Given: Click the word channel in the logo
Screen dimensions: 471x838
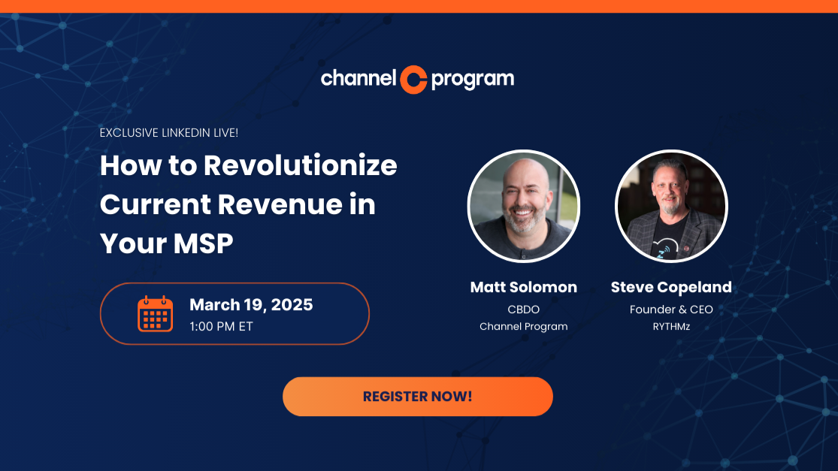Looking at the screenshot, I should [x=358, y=78].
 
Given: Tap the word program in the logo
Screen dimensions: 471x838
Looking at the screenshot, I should [x=473, y=80].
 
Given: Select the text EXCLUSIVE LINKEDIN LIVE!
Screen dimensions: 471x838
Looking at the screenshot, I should [x=169, y=133].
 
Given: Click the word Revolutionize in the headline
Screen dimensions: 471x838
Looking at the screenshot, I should [x=301, y=165].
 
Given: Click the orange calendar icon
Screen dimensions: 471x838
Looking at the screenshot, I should [x=155, y=313].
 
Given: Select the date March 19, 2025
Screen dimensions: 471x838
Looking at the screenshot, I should [x=251, y=304].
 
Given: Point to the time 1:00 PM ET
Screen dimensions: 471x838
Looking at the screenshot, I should [x=222, y=326].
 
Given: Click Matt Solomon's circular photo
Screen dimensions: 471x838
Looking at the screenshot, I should [x=524, y=206].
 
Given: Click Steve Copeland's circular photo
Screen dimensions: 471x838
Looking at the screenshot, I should [x=671, y=206].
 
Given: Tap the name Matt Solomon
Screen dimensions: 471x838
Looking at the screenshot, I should [x=524, y=287].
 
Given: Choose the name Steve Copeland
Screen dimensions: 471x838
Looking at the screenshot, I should [x=671, y=287].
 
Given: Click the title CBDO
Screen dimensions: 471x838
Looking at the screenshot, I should [x=524, y=309].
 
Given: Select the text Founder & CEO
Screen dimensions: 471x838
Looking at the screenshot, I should [x=671, y=309].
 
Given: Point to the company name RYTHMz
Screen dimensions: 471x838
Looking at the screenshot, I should [x=671, y=326].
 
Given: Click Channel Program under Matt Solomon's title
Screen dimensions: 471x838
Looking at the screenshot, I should [x=524, y=326].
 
